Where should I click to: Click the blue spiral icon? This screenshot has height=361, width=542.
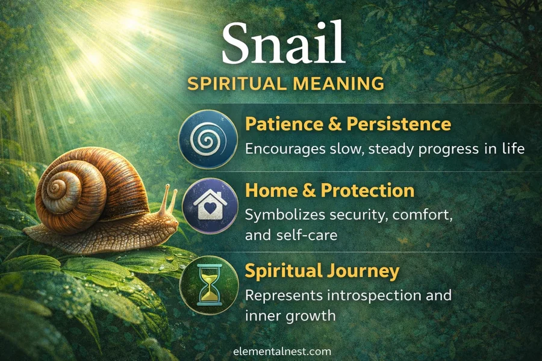click(208, 139)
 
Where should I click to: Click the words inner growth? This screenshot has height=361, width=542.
click(290, 315)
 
